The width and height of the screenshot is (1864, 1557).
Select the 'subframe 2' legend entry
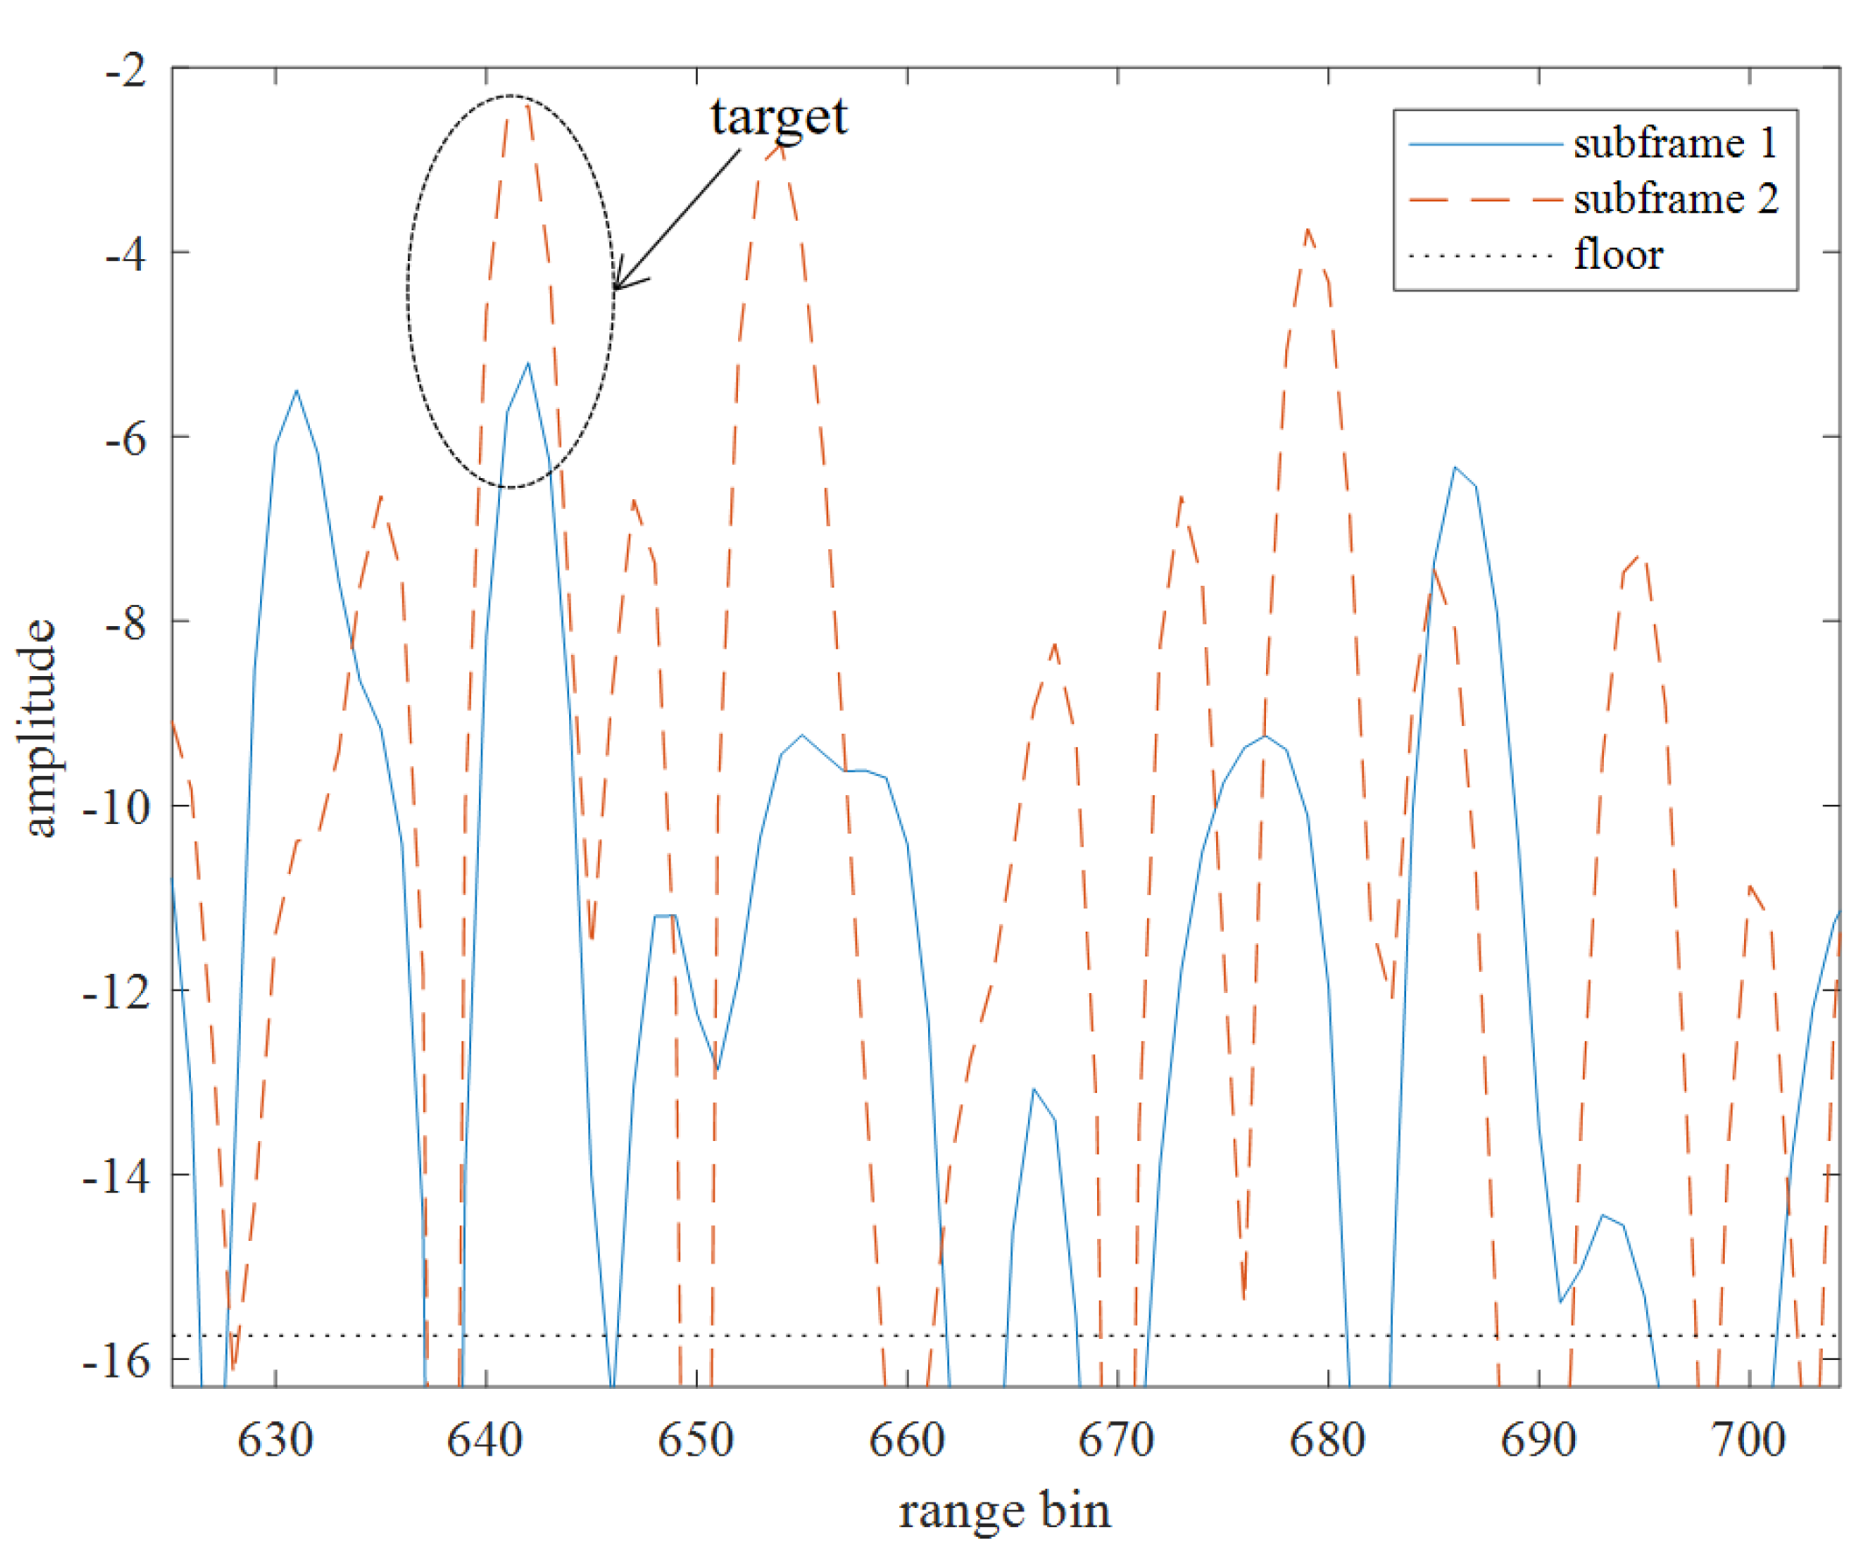pyautogui.click(x=1676, y=199)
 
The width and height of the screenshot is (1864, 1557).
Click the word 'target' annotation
pyautogui.click(x=778, y=116)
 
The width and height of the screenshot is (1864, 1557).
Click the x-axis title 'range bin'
pyautogui.click(x=1004, y=1510)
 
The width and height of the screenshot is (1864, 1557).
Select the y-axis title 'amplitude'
pyautogui.click(x=39, y=728)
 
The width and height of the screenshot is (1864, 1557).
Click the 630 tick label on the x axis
pyautogui.click(x=275, y=1439)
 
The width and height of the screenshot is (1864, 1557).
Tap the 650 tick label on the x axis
pyautogui.click(x=696, y=1439)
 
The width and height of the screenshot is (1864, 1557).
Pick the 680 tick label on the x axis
pyautogui.click(x=1327, y=1439)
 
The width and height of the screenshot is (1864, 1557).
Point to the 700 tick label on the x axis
pyautogui.click(x=1748, y=1439)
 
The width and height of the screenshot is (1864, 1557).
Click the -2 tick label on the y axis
pyautogui.click(x=127, y=69)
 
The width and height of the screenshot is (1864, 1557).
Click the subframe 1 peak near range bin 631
pyautogui.click(x=297, y=391)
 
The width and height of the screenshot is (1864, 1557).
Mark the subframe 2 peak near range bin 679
pyautogui.click(x=1307, y=230)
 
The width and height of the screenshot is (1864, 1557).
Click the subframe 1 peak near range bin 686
pyautogui.click(x=1455, y=467)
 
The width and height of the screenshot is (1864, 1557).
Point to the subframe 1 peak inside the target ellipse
pyautogui.click(x=528, y=363)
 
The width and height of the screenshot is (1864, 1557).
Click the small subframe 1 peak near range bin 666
pyautogui.click(x=1033, y=1088)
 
